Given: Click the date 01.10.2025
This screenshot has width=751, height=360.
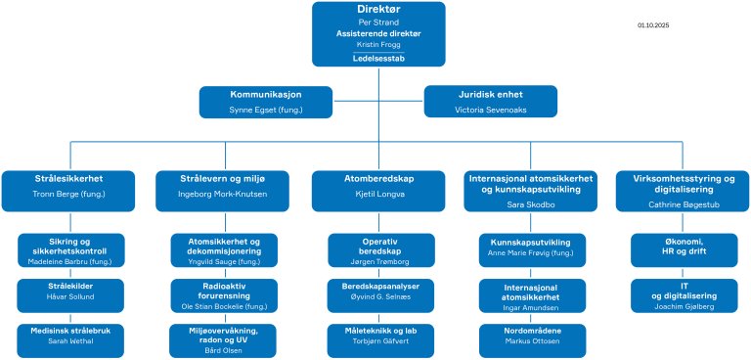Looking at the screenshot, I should tap(652, 24).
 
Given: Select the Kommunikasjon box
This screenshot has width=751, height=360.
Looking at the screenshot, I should tap(265, 102).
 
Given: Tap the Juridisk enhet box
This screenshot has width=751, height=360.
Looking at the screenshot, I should tap(490, 102).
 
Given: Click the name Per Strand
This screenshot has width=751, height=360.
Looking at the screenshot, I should tap(377, 21).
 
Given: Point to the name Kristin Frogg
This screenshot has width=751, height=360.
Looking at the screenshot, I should tap(377, 45).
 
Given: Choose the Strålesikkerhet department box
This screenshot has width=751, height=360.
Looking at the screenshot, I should tap(67, 186).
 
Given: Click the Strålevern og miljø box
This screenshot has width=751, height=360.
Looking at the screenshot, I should tap(223, 186).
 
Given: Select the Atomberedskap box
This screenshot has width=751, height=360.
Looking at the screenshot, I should tap(377, 186).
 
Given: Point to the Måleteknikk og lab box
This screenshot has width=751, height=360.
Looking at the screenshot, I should tap(377, 338).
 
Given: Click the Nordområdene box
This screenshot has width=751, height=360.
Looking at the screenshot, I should tap(533, 338).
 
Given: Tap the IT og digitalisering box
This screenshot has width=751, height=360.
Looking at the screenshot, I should tap(685, 295).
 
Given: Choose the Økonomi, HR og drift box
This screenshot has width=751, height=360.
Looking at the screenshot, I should tap(685, 248).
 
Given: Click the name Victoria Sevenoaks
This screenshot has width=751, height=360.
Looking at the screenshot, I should tap(490, 110).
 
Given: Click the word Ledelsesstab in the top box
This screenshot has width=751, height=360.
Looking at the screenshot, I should tap(377, 59).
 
